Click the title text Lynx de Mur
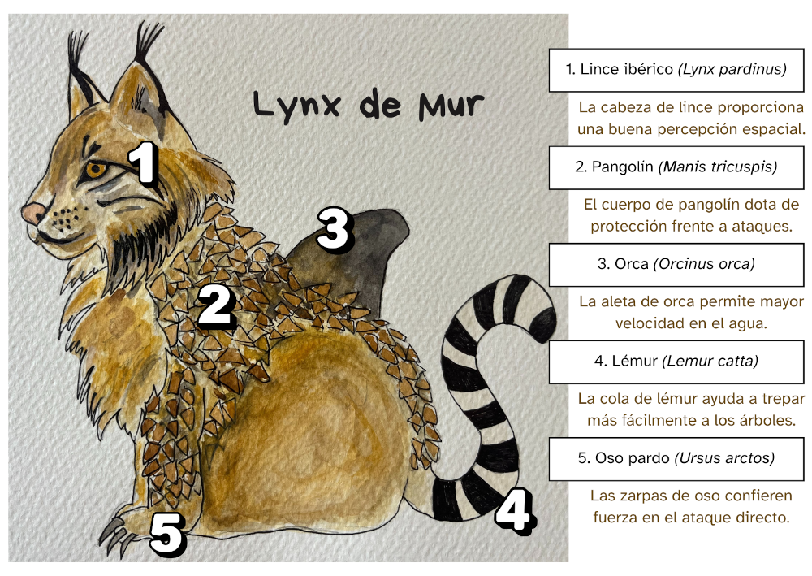(368, 106)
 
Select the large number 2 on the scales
(216, 306)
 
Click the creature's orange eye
(96, 170)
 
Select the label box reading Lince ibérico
(676, 70)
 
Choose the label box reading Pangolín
(676, 167)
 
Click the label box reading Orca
(676, 265)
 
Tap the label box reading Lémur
(676, 362)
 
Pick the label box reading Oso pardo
(676, 458)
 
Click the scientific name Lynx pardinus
(732, 70)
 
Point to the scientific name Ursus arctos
(724, 458)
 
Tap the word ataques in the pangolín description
(758, 227)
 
